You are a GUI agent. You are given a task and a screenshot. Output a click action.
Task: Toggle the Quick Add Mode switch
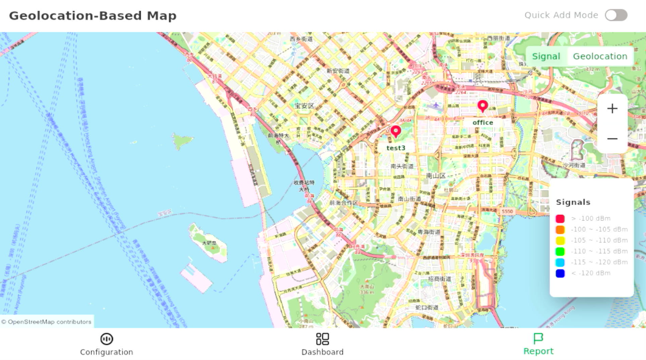[x=616, y=15]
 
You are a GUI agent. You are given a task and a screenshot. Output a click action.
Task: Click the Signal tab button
[x=546, y=57]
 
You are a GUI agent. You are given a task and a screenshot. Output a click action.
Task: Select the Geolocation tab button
[x=600, y=57]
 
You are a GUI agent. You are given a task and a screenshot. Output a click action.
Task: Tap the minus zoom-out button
[x=612, y=139]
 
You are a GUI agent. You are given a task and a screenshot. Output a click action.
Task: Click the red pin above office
[x=483, y=106]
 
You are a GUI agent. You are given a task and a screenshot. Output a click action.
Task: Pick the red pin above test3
[x=396, y=131]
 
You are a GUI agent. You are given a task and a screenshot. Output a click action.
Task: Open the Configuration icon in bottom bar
[x=106, y=339]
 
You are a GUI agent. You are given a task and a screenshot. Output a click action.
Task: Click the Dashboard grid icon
[x=323, y=339]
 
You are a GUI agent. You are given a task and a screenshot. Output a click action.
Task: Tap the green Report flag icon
[x=538, y=338]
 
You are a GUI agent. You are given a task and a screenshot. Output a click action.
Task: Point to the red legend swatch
[x=560, y=219]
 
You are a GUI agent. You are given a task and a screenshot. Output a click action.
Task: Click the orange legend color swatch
[x=560, y=230]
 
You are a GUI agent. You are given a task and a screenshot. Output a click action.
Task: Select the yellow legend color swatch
[x=560, y=241]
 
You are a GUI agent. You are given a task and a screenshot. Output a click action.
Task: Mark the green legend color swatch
[x=560, y=252]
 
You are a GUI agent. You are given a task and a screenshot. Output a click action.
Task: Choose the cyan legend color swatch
[x=560, y=263]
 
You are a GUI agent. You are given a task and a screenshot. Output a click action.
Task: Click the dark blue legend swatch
[x=560, y=274]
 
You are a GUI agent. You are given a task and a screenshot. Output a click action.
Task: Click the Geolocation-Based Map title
[x=92, y=16]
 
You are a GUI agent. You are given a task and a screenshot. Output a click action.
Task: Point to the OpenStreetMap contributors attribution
[x=46, y=322]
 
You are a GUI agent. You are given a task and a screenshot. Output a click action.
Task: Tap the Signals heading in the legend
[x=573, y=202]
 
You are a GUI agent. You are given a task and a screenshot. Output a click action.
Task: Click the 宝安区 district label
[x=304, y=106]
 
